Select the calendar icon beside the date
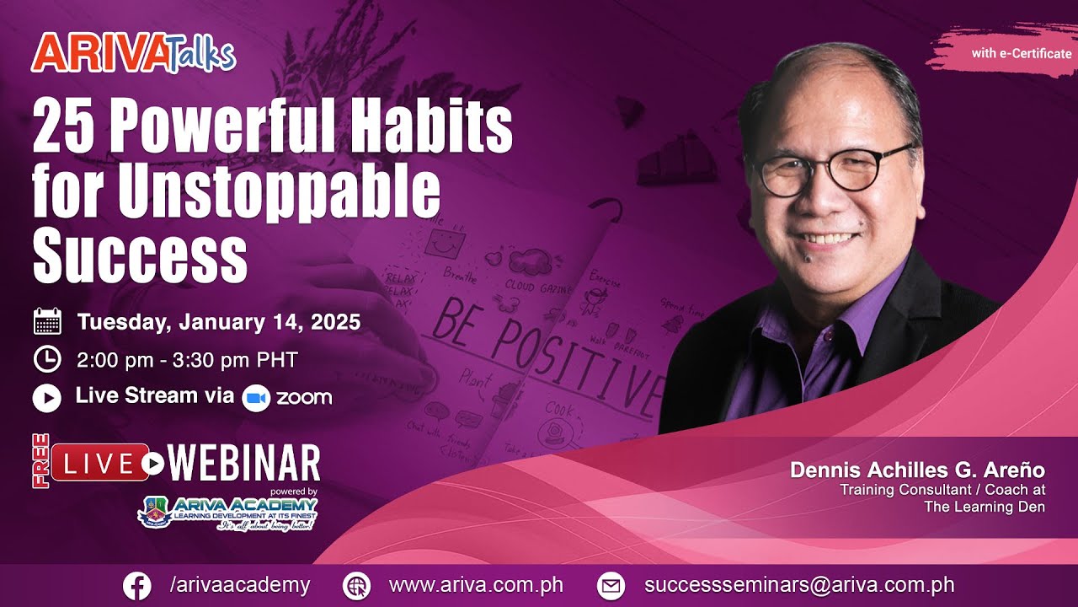point(47,322)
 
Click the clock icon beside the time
point(47,360)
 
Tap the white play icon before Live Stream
point(47,397)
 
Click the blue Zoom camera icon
point(256,398)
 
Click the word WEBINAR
point(244,464)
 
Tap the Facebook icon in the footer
point(137,586)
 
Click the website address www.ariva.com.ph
point(476,585)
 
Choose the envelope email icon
point(611,586)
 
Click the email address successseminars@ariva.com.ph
point(799,585)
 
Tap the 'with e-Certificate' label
point(1021,54)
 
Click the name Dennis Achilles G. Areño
point(916,470)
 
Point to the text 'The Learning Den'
point(984,507)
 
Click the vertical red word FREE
point(40,461)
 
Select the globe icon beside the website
point(358,586)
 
